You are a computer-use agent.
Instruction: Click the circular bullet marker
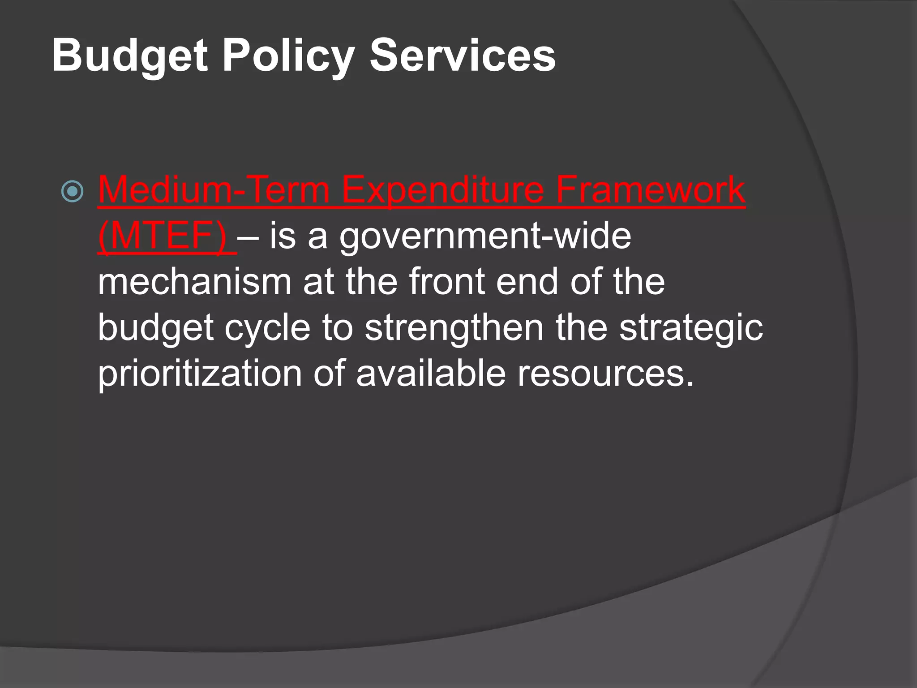tap(72, 192)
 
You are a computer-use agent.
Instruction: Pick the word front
tap(447, 282)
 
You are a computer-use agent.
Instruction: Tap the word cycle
tap(267, 327)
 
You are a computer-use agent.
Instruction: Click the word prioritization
tap(200, 374)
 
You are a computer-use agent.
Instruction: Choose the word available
tap(431, 374)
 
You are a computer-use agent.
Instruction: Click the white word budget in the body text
tap(156, 327)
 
